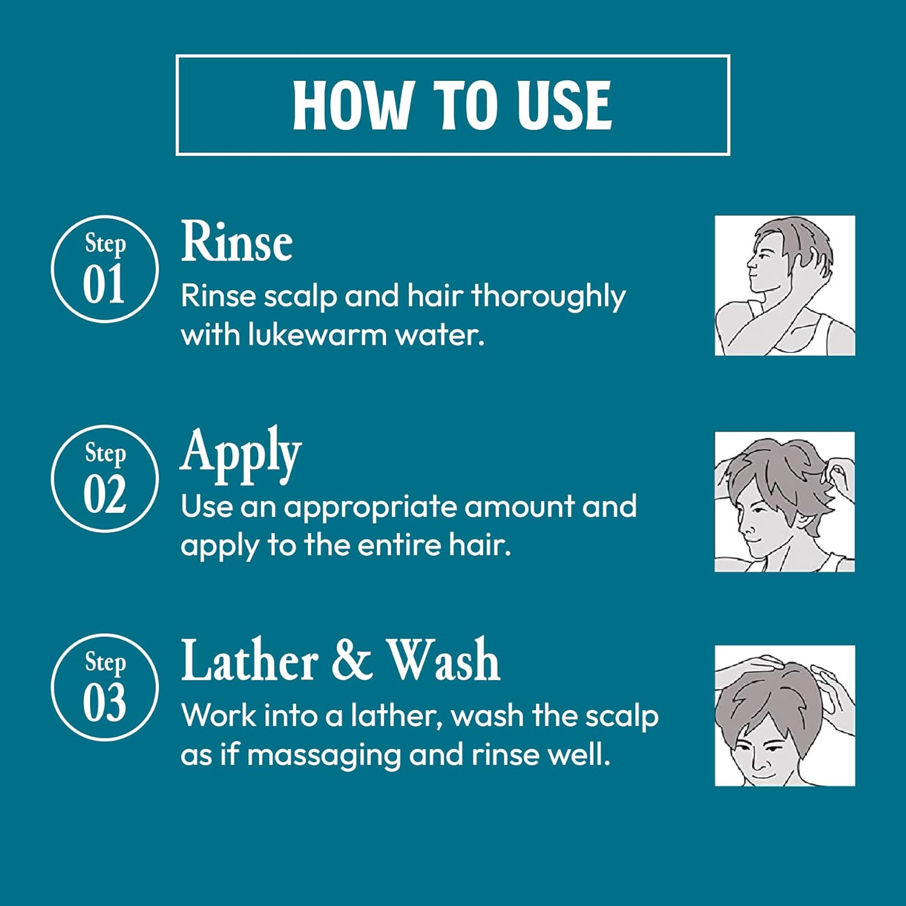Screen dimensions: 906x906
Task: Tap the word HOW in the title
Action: [351, 105]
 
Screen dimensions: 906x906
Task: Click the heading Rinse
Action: [237, 241]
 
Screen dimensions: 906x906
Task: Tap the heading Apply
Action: [241, 454]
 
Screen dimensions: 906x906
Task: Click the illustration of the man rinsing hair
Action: [785, 286]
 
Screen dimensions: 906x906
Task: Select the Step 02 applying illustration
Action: [785, 502]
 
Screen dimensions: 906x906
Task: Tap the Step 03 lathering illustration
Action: [785, 716]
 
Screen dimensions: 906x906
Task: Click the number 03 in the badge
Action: [105, 702]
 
